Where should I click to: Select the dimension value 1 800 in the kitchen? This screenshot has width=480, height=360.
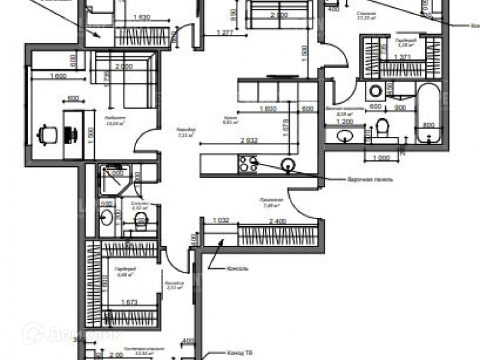pyautogui.click(x=269, y=109)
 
